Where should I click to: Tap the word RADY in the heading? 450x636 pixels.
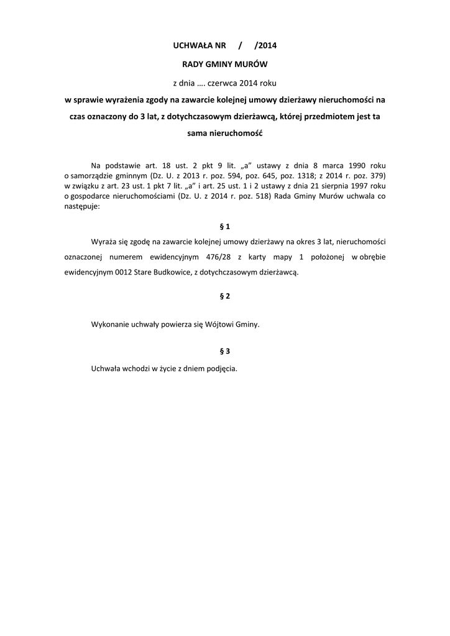191,65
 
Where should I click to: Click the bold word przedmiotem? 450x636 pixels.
333,116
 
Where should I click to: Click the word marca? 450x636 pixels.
329,166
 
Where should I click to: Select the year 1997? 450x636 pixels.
357,185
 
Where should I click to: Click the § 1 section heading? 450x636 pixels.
225,226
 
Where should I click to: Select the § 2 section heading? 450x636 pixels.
225,296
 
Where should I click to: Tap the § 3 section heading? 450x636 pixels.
225,351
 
